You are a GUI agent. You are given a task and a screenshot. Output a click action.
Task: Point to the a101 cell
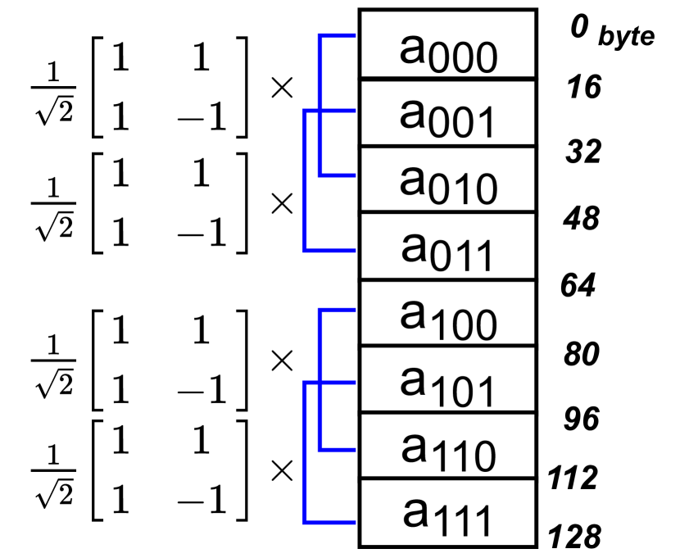tap(447, 380)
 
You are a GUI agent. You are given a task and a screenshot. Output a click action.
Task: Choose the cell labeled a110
tap(447, 447)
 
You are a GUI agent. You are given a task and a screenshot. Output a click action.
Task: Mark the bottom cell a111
tap(447, 514)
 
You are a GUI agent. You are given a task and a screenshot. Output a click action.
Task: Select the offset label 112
tap(573, 477)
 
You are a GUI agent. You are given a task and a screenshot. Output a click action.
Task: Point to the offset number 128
tap(575, 538)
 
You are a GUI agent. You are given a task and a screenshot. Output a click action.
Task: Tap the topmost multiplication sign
tap(282, 88)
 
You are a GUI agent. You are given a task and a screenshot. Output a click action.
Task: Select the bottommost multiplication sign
tap(282, 470)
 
